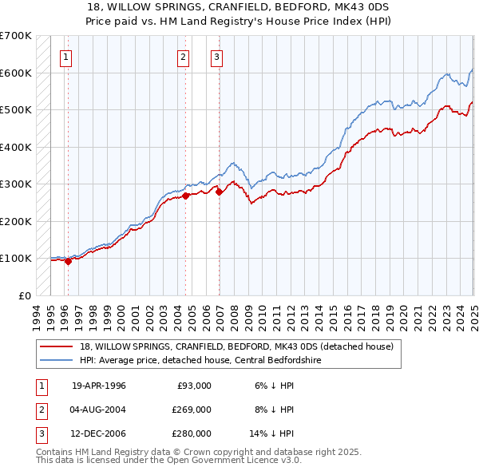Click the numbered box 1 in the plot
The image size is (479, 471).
point(65,57)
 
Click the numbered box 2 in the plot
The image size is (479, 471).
point(183,57)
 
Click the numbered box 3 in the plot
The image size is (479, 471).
point(216,57)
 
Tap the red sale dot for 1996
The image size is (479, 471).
point(68,260)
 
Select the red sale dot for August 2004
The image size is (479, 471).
point(185,195)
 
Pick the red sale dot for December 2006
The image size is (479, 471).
point(219,191)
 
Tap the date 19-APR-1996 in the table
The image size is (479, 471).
point(99,386)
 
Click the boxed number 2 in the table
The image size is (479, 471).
point(39,410)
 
